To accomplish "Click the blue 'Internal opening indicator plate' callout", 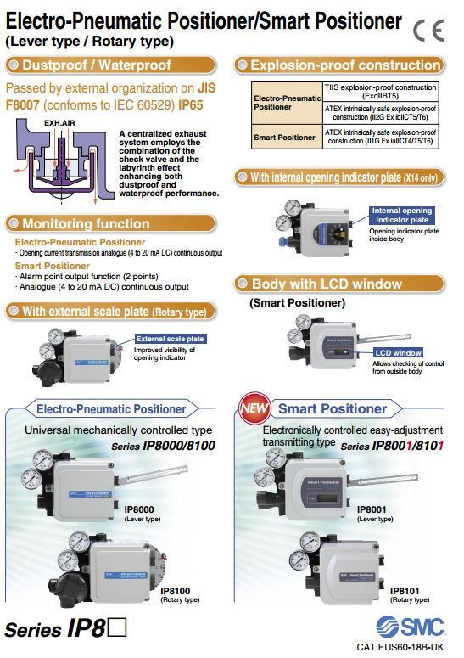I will pos(401,216).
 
